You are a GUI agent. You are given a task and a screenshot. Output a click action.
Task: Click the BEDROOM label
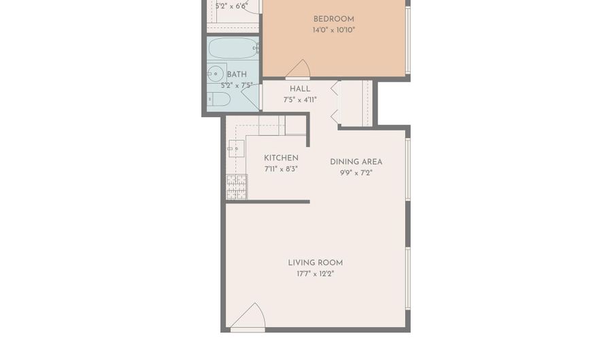pos(333,19)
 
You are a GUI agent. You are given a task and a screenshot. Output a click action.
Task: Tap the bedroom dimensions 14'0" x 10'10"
pos(333,31)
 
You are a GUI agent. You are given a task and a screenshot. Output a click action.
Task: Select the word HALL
pos(300,89)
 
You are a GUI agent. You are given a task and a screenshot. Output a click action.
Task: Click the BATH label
pos(237,75)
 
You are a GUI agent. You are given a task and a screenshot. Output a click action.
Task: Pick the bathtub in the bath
pos(233,48)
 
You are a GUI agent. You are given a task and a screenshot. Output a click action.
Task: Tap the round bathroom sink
pos(216,73)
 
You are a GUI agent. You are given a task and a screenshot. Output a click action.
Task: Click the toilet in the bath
pos(219,99)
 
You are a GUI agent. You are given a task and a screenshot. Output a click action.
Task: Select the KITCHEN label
pos(281,159)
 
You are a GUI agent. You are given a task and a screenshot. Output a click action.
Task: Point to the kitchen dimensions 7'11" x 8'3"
pos(281,169)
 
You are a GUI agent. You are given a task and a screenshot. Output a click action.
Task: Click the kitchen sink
pos(235,148)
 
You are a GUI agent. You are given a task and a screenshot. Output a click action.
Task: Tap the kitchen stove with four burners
pos(236,187)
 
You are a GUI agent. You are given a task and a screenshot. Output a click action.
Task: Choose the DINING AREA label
pos(356,162)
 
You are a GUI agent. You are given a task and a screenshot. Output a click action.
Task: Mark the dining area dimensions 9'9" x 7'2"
pos(356,173)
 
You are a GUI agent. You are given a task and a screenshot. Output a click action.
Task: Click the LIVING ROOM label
pos(315,263)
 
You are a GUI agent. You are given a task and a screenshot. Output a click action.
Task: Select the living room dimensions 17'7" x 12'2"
pos(315,274)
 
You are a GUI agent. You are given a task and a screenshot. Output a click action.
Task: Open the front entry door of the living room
pos(249,318)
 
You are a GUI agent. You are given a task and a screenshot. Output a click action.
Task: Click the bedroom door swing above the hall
pos(299,69)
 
